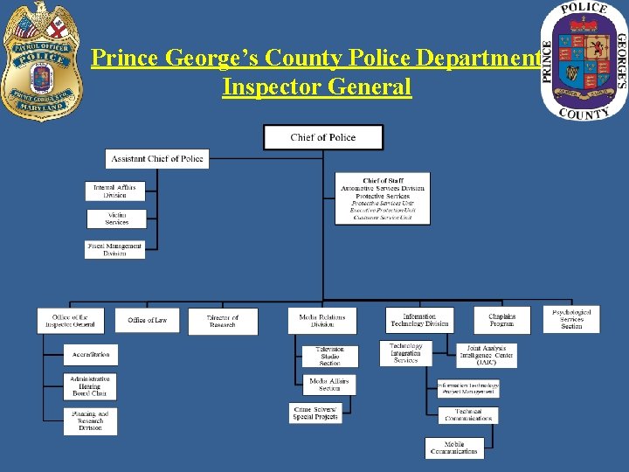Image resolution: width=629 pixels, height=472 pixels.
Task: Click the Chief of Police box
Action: coord(323,137)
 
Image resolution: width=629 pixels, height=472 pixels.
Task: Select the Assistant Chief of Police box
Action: coord(157,159)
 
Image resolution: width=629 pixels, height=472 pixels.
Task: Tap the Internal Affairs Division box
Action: coord(115,191)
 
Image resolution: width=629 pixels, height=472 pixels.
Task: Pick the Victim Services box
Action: coord(116,219)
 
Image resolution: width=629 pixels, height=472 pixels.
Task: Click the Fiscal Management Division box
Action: coord(114,250)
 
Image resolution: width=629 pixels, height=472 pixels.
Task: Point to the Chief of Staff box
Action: coord(383,198)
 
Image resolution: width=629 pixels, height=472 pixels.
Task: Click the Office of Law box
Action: coord(147,321)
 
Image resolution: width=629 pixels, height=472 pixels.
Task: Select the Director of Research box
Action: coord(223,322)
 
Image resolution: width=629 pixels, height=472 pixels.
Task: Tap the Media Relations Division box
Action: coord(322,321)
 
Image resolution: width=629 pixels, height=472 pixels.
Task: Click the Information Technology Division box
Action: coord(419,321)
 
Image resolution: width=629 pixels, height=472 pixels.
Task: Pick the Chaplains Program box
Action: coord(502,321)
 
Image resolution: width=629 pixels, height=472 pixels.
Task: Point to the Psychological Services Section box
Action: coord(571,319)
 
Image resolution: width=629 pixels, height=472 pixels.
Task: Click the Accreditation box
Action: coord(91,355)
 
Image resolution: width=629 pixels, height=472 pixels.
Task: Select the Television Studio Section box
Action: coord(329,356)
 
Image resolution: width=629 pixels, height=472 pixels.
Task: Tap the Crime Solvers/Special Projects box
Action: coord(315,413)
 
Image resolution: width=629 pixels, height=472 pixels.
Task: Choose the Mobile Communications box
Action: coord(454,448)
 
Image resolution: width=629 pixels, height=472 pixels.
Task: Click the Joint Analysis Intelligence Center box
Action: coord(487,355)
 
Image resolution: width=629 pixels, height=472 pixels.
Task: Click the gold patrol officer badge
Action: coord(42,61)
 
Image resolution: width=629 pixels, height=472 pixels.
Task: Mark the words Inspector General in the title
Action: coord(316,87)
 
